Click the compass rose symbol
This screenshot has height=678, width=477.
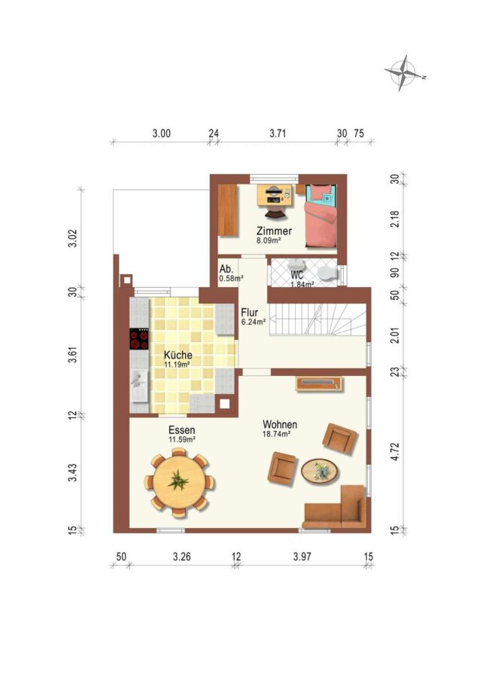click(x=404, y=72)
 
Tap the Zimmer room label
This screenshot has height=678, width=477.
click(x=274, y=231)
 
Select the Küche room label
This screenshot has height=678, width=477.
click(x=178, y=355)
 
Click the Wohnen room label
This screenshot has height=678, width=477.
click(x=280, y=424)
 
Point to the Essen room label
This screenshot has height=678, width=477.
click(x=182, y=430)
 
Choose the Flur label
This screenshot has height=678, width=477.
click(x=250, y=312)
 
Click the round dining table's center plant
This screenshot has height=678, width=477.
click(x=178, y=481)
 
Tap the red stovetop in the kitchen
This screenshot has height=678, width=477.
click(x=139, y=339)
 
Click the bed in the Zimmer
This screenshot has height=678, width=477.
click(x=321, y=215)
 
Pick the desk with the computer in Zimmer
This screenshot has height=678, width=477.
click(x=273, y=195)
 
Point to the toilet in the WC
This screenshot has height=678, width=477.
click(x=327, y=273)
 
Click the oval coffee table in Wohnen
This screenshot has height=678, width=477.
click(x=320, y=470)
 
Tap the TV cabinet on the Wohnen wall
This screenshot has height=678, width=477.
click(x=319, y=383)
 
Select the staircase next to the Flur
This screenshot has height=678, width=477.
click(x=317, y=319)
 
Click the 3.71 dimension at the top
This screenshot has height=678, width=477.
click(x=278, y=133)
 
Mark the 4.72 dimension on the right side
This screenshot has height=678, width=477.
click(x=395, y=451)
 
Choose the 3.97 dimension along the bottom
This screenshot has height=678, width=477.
click(x=302, y=557)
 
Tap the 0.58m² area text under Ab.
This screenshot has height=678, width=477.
click(x=231, y=279)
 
